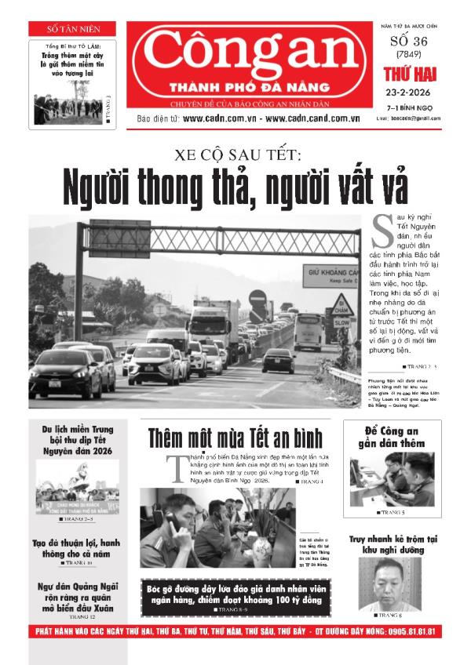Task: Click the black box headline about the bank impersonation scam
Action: [235, 594]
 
